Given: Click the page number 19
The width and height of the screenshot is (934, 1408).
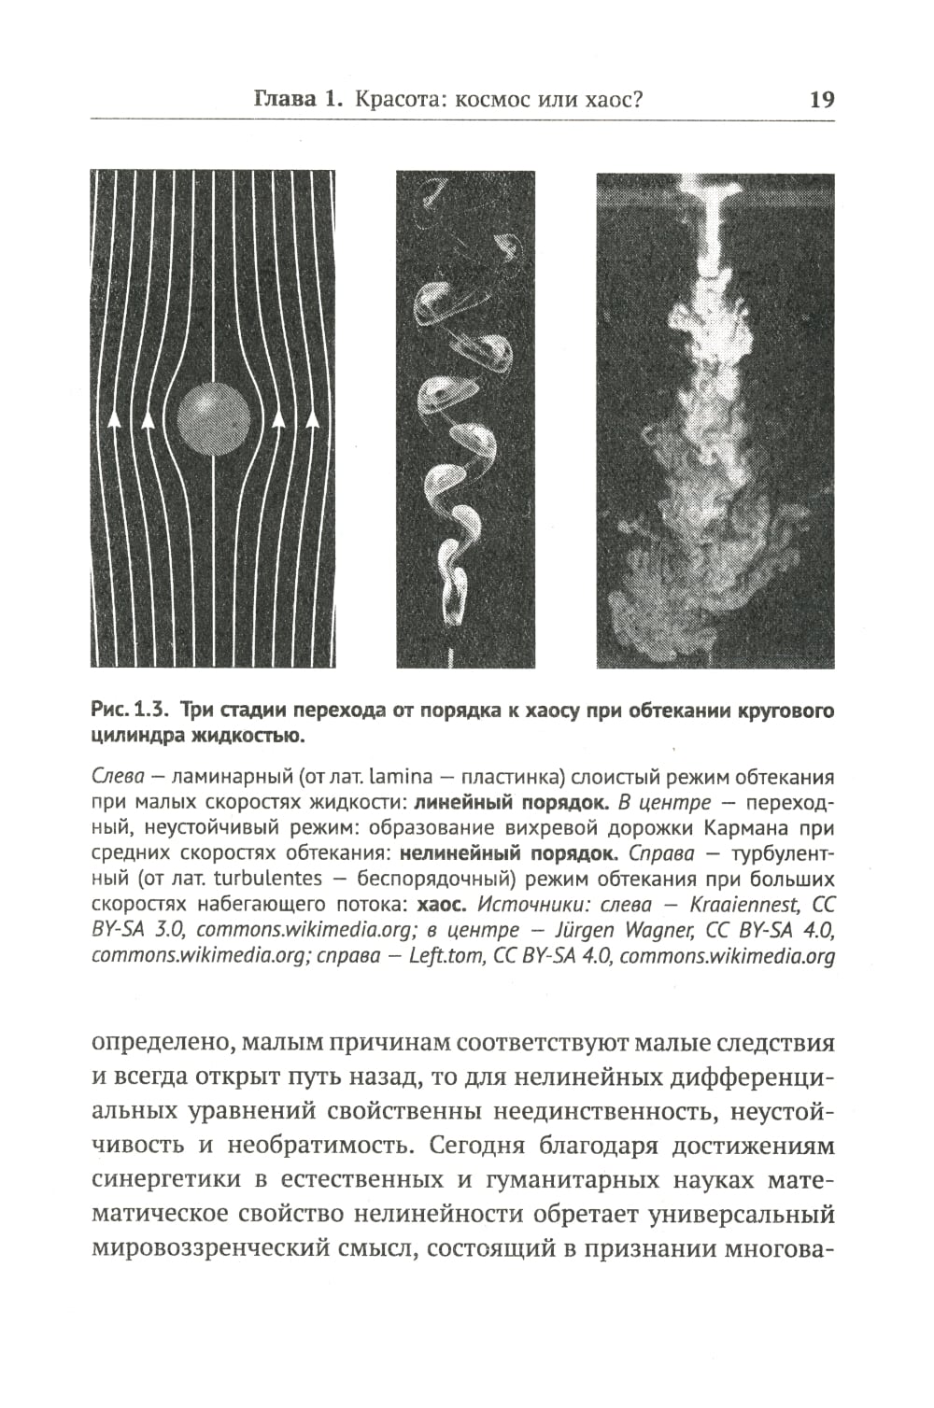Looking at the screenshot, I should click(821, 100).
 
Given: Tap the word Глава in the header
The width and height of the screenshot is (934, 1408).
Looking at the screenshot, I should click(286, 100).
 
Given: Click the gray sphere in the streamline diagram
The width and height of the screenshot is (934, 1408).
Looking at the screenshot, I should click(214, 417).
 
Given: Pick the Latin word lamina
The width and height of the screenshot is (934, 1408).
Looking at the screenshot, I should click(401, 777).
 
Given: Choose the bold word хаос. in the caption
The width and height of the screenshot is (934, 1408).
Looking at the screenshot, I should click(442, 904).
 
